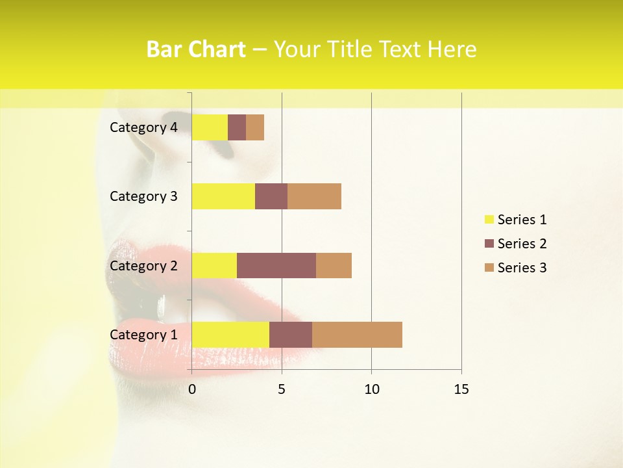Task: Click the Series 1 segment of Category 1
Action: click(x=230, y=334)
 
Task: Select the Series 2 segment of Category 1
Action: click(x=291, y=334)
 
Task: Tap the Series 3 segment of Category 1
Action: click(x=357, y=334)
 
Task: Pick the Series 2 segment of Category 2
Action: click(x=276, y=265)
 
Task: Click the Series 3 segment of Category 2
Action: click(x=334, y=265)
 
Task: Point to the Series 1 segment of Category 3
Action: click(x=223, y=196)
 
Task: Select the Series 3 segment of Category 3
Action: click(x=314, y=196)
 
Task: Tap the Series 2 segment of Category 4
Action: click(x=237, y=127)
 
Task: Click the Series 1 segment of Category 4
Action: click(x=210, y=127)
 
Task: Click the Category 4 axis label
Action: click(x=143, y=127)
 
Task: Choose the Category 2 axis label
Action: click(x=143, y=265)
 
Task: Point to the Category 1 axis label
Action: click(x=143, y=334)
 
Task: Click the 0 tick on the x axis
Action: click(x=192, y=389)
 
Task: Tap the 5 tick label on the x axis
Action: click(x=282, y=389)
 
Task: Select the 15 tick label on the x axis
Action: click(x=461, y=389)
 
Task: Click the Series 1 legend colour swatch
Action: click(x=489, y=220)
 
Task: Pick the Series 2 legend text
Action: click(x=522, y=244)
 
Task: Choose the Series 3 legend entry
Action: click(x=516, y=268)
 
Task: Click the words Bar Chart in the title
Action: click(x=196, y=49)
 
